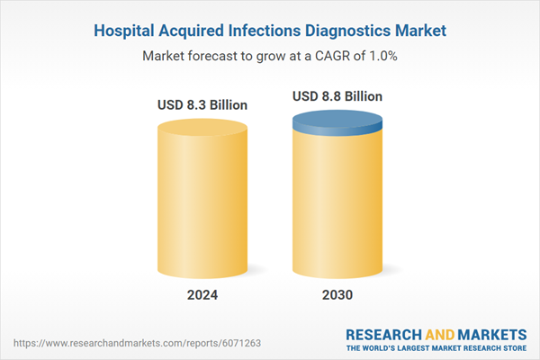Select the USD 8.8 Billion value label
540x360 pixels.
coord(337,96)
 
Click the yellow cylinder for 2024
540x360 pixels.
coord(202,198)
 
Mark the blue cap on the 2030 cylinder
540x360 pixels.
coord(337,123)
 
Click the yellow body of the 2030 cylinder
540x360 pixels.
coord(337,207)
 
